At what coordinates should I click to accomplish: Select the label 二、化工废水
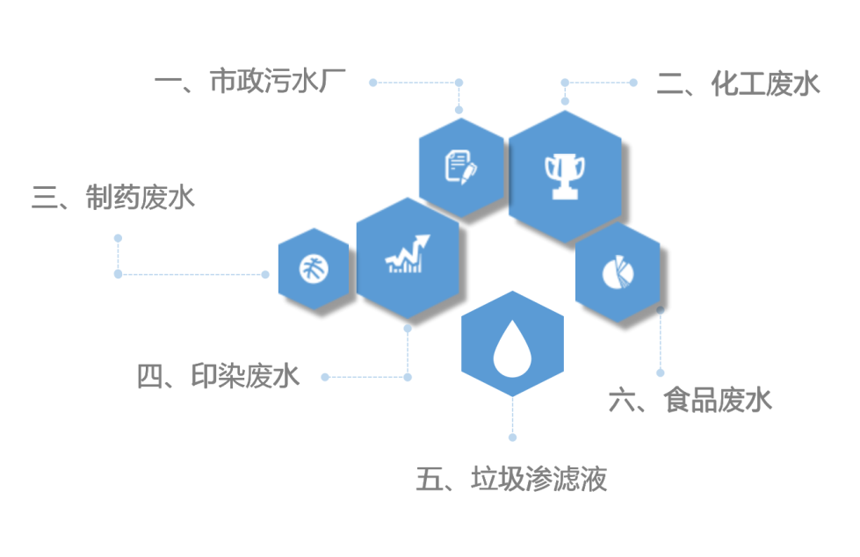[738, 84]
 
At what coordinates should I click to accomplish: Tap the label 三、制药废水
[113, 198]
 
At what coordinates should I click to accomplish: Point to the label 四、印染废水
[219, 377]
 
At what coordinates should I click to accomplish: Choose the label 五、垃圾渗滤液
[511, 480]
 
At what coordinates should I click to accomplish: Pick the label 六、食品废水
[690, 401]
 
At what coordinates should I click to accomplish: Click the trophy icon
[564, 176]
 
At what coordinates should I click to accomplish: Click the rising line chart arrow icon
[408, 256]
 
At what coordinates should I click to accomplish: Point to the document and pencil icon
[461, 166]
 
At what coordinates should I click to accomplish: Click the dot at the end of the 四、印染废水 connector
[325, 377]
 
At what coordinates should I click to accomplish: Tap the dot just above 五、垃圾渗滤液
[513, 437]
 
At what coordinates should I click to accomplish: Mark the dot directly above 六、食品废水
[661, 373]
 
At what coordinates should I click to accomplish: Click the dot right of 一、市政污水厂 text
[372, 83]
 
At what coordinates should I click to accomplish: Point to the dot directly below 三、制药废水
[118, 238]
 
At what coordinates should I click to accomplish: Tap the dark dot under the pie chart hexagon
[661, 310]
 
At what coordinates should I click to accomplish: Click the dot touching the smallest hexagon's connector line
[265, 274]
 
